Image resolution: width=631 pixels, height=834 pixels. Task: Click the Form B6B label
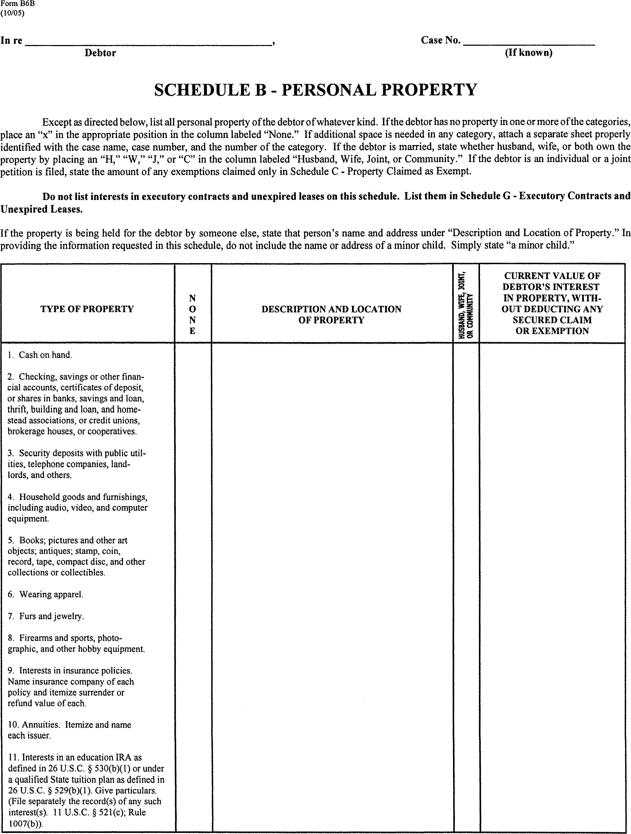pos(12,4)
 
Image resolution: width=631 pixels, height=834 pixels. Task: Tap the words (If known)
pos(529,52)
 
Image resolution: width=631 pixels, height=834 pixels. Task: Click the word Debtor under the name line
pos(100,53)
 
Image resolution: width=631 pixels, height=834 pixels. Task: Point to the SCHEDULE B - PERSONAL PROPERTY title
pos(315,90)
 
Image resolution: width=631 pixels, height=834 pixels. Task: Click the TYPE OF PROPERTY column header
pos(87,309)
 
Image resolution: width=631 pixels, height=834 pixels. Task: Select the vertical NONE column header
pos(192,315)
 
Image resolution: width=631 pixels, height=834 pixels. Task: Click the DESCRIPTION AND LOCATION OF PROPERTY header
pos(331,315)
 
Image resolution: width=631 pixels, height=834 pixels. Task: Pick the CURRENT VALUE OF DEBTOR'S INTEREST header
pos(552,304)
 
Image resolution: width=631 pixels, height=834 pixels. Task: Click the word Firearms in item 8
pos(36,638)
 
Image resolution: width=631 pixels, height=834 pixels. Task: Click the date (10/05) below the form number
pos(12,13)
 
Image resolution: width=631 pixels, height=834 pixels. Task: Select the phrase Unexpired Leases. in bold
pos(41,209)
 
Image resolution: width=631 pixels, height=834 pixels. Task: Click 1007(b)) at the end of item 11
pos(25,824)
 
